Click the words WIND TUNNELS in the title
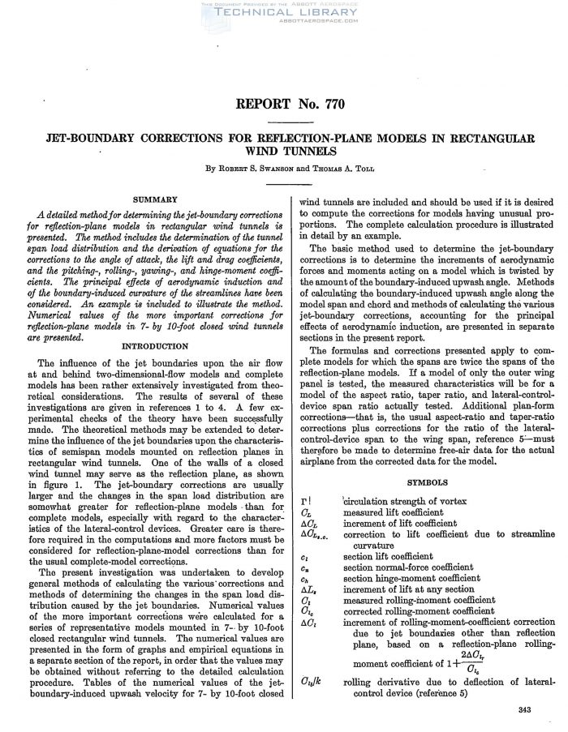[283, 152]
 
